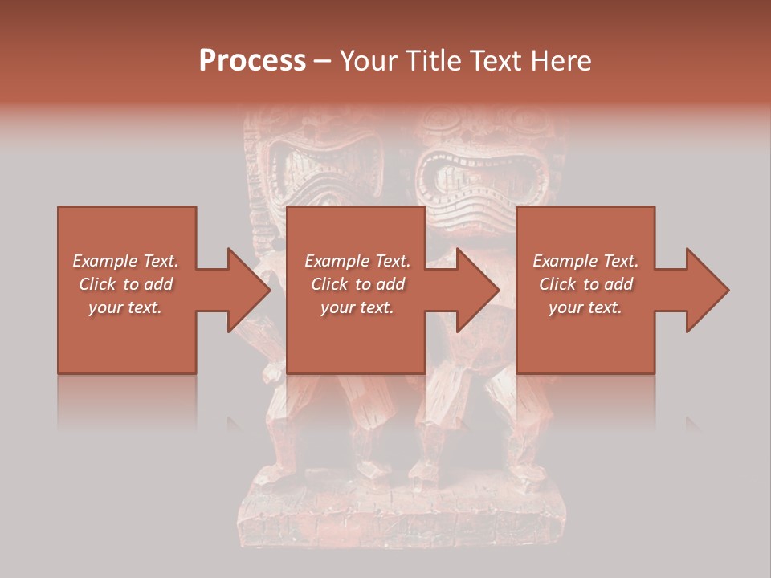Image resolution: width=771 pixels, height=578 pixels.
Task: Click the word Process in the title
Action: pyautogui.click(x=252, y=60)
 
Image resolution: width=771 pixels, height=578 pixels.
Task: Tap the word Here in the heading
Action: pyautogui.click(x=560, y=60)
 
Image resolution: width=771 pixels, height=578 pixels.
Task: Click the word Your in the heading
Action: pyautogui.click(x=369, y=60)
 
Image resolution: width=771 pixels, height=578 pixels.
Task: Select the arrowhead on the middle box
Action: pyautogui.click(x=477, y=290)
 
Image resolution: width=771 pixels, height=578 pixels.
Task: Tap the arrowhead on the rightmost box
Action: pyautogui.click(x=707, y=290)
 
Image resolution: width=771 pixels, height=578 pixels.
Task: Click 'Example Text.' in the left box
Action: pyautogui.click(x=125, y=261)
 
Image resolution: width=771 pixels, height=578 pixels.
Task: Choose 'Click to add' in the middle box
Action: pyautogui.click(x=357, y=284)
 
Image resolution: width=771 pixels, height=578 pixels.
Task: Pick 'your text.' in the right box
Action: pyautogui.click(x=585, y=307)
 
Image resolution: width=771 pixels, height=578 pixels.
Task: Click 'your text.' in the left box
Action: pyautogui.click(x=125, y=307)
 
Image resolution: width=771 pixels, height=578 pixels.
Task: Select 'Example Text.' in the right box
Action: pyautogui.click(x=585, y=261)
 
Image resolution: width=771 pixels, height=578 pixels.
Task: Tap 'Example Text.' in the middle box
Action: pyautogui.click(x=357, y=261)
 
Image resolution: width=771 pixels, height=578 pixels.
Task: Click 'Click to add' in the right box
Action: pyautogui.click(x=585, y=284)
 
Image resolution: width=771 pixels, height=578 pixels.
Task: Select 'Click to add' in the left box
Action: pyautogui.click(x=125, y=284)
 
